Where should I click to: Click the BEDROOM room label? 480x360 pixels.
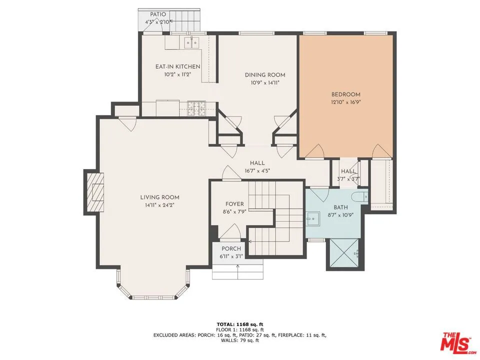pyautogui.click(x=345, y=94)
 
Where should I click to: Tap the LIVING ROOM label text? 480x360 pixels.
pyautogui.click(x=159, y=197)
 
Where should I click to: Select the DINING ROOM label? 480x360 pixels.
pyautogui.click(x=265, y=75)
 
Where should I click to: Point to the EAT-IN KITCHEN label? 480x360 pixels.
pyautogui.click(x=177, y=66)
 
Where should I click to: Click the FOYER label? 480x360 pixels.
pyautogui.click(x=234, y=204)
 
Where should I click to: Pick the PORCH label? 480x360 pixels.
pyautogui.click(x=231, y=249)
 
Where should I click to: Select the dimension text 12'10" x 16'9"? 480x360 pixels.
pyautogui.click(x=345, y=102)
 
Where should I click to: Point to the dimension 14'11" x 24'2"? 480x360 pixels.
pyautogui.click(x=159, y=205)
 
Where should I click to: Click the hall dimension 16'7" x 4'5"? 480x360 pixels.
pyautogui.click(x=257, y=171)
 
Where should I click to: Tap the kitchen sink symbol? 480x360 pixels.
pyautogui.click(x=191, y=42)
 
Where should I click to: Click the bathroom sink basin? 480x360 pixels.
pyautogui.click(x=313, y=217)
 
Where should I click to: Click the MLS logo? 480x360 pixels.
pyautogui.click(x=455, y=342)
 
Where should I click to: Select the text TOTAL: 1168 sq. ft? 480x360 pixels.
pyautogui.click(x=239, y=324)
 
